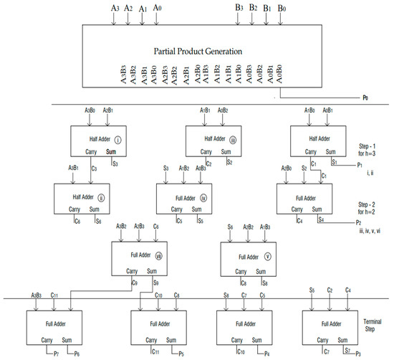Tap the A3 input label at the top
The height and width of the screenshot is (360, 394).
pyautogui.click(x=115, y=8)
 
